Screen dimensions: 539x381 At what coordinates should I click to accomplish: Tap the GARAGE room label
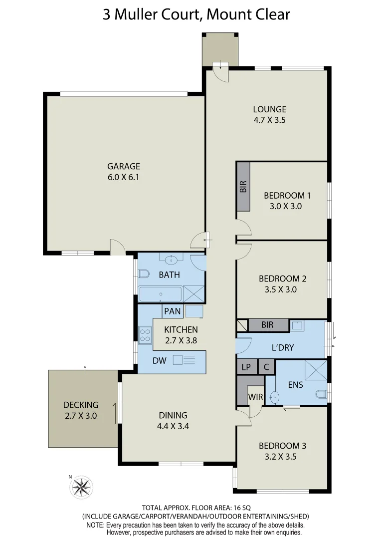pos(124,166)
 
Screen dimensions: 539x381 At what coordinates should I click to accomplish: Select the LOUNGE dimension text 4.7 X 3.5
pos(269,120)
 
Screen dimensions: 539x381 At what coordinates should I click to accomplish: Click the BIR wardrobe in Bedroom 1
pos(243,187)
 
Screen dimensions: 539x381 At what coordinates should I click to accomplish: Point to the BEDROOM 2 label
pos(282,278)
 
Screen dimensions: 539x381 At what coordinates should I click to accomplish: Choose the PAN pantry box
pos(172,311)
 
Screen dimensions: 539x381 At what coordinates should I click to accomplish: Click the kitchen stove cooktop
pos(145,334)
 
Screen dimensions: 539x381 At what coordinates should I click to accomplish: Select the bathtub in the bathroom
pos(160,294)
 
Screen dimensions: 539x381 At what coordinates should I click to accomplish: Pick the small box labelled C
pos(266,366)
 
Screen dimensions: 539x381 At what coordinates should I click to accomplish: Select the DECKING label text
pos(80,405)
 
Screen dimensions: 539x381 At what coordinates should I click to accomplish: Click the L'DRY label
pos(282,347)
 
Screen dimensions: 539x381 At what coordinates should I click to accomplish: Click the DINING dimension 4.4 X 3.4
pos(173,426)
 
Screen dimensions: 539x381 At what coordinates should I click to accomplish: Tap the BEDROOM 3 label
pos(282,446)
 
